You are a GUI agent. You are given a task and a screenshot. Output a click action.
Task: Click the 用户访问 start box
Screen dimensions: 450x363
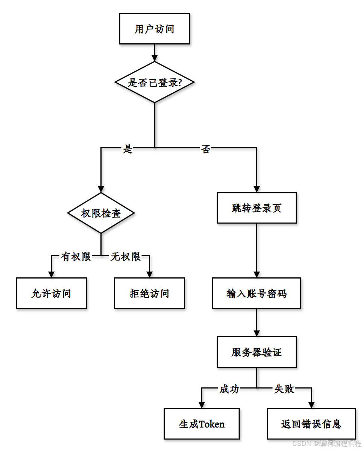[154, 29]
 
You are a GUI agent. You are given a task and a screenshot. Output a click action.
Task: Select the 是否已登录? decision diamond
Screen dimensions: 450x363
[154, 82]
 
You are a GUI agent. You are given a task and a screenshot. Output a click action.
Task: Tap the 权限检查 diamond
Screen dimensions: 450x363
[101, 213]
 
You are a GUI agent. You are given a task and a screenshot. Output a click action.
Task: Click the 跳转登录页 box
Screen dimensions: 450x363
[257, 208]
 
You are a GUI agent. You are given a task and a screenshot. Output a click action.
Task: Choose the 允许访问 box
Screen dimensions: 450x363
[51, 294]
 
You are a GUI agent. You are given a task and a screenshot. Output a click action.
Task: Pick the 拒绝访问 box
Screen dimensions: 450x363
[149, 294]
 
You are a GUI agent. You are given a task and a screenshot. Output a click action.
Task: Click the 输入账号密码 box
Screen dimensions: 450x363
[257, 294]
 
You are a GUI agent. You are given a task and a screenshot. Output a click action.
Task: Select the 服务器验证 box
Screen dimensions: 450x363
[257, 352]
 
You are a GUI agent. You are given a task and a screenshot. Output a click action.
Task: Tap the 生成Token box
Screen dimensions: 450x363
[202, 424]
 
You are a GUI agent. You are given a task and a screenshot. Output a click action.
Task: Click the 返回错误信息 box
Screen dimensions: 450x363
[311, 424]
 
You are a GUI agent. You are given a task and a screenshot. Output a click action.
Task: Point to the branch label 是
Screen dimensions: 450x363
[128, 149]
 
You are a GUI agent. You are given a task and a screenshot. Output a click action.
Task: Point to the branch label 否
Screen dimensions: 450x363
[205, 149]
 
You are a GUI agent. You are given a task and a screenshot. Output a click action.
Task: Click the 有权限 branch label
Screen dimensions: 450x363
[76, 257]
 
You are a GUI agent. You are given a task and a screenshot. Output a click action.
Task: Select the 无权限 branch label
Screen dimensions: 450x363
[126, 257]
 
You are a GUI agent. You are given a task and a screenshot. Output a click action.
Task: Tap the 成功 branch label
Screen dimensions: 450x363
[229, 389]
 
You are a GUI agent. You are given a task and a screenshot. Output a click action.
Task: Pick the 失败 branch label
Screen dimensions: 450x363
[284, 389]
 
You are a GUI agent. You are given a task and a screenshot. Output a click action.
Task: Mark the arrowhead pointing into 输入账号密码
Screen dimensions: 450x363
[257, 274]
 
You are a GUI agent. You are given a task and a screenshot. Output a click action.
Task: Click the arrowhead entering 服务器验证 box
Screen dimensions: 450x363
[257, 333]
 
